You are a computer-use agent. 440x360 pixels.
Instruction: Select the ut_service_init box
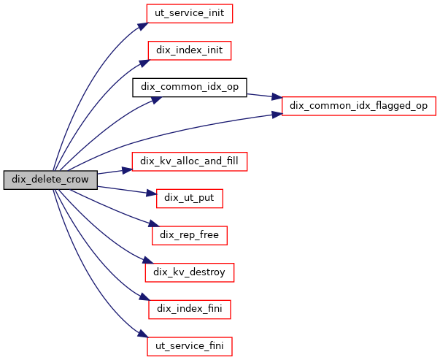coord(190,13)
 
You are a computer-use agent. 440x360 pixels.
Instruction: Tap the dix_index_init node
coord(190,50)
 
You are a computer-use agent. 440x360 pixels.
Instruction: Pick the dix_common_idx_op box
coord(190,87)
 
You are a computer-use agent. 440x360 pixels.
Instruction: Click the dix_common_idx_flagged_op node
coord(358,106)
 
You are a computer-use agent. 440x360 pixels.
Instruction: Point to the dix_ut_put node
coord(190,198)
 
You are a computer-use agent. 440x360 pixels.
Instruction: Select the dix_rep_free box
coord(190,235)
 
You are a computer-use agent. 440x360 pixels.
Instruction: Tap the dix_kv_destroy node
coord(190,272)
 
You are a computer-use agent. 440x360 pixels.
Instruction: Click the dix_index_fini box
coord(190,310)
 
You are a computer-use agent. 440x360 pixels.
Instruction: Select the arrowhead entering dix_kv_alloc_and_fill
coord(127,169)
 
